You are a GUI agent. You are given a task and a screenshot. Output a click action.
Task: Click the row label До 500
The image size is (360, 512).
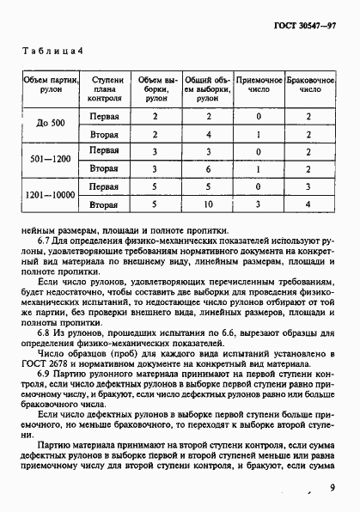[x=52, y=124]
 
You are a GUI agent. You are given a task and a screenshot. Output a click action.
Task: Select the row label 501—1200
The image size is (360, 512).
[x=52, y=160]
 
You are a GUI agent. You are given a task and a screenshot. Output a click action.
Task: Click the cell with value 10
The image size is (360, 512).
[x=206, y=205]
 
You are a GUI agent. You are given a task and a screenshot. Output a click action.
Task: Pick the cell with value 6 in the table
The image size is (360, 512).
[x=206, y=170]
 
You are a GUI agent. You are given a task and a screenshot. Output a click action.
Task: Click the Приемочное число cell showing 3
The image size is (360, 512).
[x=255, y=205]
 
